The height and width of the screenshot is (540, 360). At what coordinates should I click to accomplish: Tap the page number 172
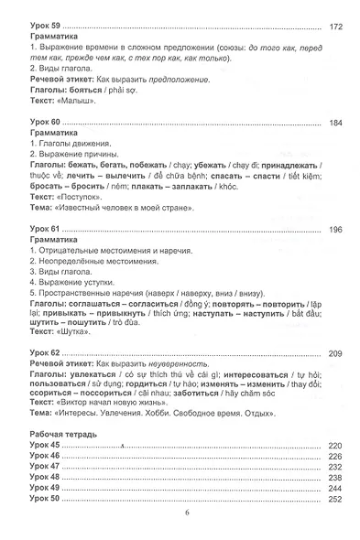[334, 27]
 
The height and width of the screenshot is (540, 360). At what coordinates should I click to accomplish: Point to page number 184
[334, 123]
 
